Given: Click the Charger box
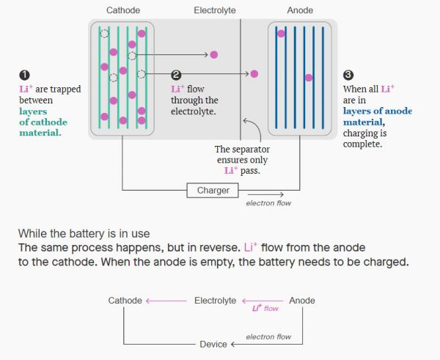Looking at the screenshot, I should pyautogui.click(x=213, y=191).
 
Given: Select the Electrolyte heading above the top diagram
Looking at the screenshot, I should pyautogui.click(x=215, y=10).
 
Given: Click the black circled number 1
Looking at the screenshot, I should pyautogui.click(x=24, y=75).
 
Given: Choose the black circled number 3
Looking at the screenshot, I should pyautogui.click(x=348, y=75).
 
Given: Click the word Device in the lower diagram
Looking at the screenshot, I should pyautogui.click(x=213, y=344).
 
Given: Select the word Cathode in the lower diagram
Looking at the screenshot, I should pyautogui.click(x=125, y=301).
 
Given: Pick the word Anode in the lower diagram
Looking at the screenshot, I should pyautogui.click(x=302, y=301).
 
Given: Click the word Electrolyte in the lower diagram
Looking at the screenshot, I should pyautogui.click(x=215, y=301).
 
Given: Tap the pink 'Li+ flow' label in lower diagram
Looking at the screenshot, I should pyautogui.click(x=265, y=309).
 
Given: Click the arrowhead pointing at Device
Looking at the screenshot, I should pyautogui.click(x=233, y=344).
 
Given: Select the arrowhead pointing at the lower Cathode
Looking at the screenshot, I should pyautogui.click(x=149, y=301).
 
